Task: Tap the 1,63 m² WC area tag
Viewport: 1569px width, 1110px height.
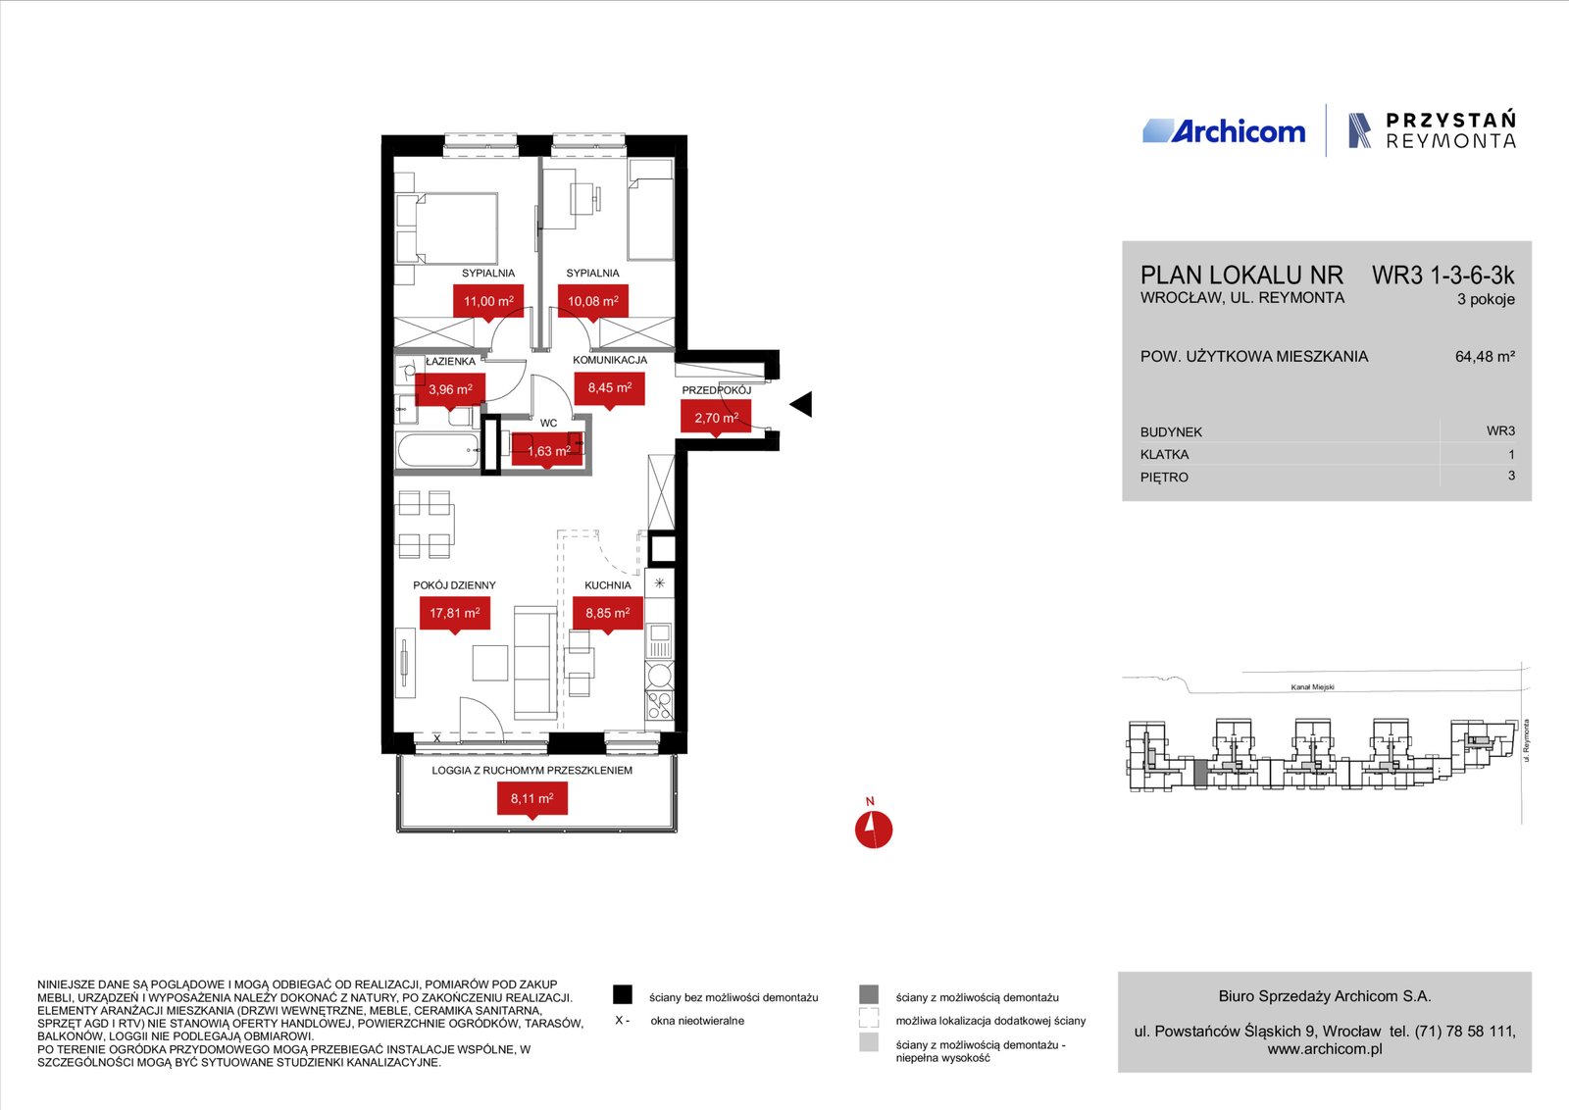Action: tap(547, 451)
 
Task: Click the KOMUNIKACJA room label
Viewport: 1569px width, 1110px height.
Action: tap(610, 360)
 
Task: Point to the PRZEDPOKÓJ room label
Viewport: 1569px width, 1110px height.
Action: tap(717, 390)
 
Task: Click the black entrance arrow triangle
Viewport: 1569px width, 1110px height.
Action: tap(802, 404)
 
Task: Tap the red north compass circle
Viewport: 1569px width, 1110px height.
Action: tap(874, 830)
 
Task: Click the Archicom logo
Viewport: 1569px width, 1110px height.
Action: tap(1225, 131)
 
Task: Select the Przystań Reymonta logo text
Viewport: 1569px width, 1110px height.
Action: tap(1450, 131)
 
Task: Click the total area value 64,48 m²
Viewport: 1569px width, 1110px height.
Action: tap(1485, 357)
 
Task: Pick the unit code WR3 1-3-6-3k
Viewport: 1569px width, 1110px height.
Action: tap(1442, 276)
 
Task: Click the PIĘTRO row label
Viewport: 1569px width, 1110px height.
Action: tap(1164, 478)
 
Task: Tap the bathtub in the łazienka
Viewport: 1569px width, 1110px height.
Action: tap(438, 450)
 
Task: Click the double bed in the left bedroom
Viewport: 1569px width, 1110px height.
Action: tap(447, 228)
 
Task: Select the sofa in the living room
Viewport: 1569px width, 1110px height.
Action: tap(535, 663)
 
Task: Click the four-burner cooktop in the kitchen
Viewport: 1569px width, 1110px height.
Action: tap(659, 704)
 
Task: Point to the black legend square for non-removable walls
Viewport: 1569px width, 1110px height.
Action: tap(622, 994)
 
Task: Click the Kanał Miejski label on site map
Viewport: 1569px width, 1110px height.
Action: tap(1313, 687)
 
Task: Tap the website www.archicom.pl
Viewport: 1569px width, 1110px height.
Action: tap(1325, 1049)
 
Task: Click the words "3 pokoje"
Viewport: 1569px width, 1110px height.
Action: tap(1486, 299)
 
